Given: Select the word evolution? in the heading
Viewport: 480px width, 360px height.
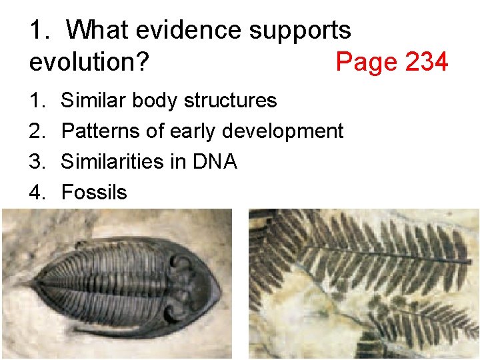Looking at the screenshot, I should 89,62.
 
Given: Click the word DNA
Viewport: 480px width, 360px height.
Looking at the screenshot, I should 214,162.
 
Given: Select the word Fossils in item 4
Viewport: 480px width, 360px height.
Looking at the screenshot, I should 94,193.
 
